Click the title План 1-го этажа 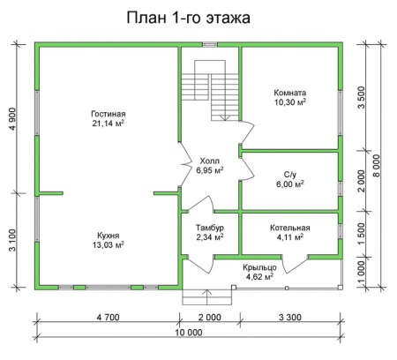188,18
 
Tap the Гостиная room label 108,113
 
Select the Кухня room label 108,235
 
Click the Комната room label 288,93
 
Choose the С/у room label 288,173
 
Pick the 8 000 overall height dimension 377,165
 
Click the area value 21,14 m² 108,124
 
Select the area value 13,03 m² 108,244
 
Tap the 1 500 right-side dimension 360,232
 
